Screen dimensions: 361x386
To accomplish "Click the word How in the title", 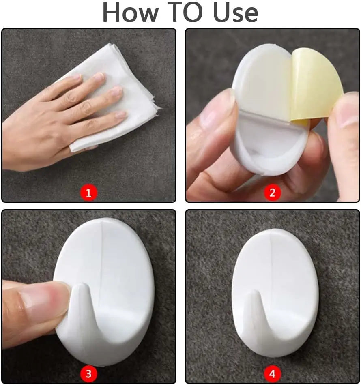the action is click(130, 12).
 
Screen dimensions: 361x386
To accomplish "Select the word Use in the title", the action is click(236, 12).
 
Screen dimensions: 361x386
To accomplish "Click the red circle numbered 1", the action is click(89, 193).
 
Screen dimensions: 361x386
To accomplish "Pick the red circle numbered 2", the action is click(272, 193).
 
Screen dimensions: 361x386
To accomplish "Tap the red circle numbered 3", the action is click(89, 374).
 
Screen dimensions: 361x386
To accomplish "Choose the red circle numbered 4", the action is click(272, 374).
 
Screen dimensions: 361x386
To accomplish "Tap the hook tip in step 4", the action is click(254, 292).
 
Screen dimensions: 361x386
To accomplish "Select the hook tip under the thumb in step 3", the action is click(81, 286).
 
